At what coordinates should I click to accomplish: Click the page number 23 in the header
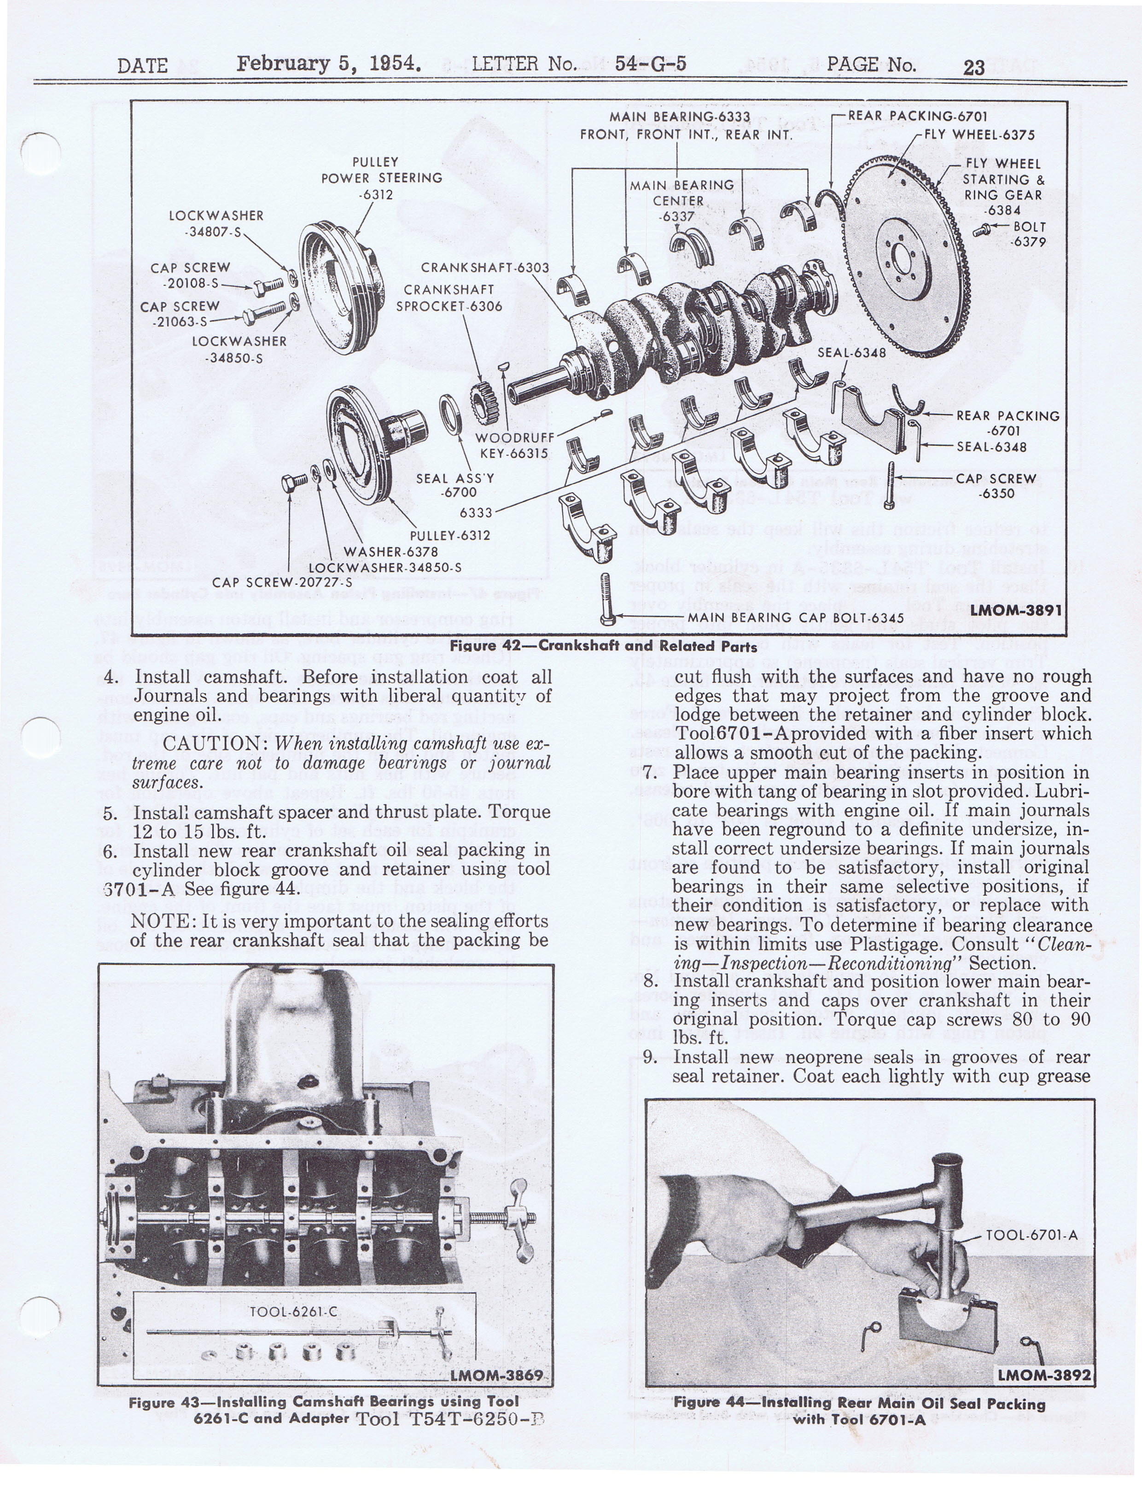(973, 67)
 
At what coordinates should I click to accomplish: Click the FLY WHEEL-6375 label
(979, 134)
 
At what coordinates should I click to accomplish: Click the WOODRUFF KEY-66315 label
(514, 445)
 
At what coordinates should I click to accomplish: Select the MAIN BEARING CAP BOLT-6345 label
(795, 618)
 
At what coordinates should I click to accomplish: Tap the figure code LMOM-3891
(1015, 610)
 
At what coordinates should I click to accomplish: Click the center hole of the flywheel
(903, 258)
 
